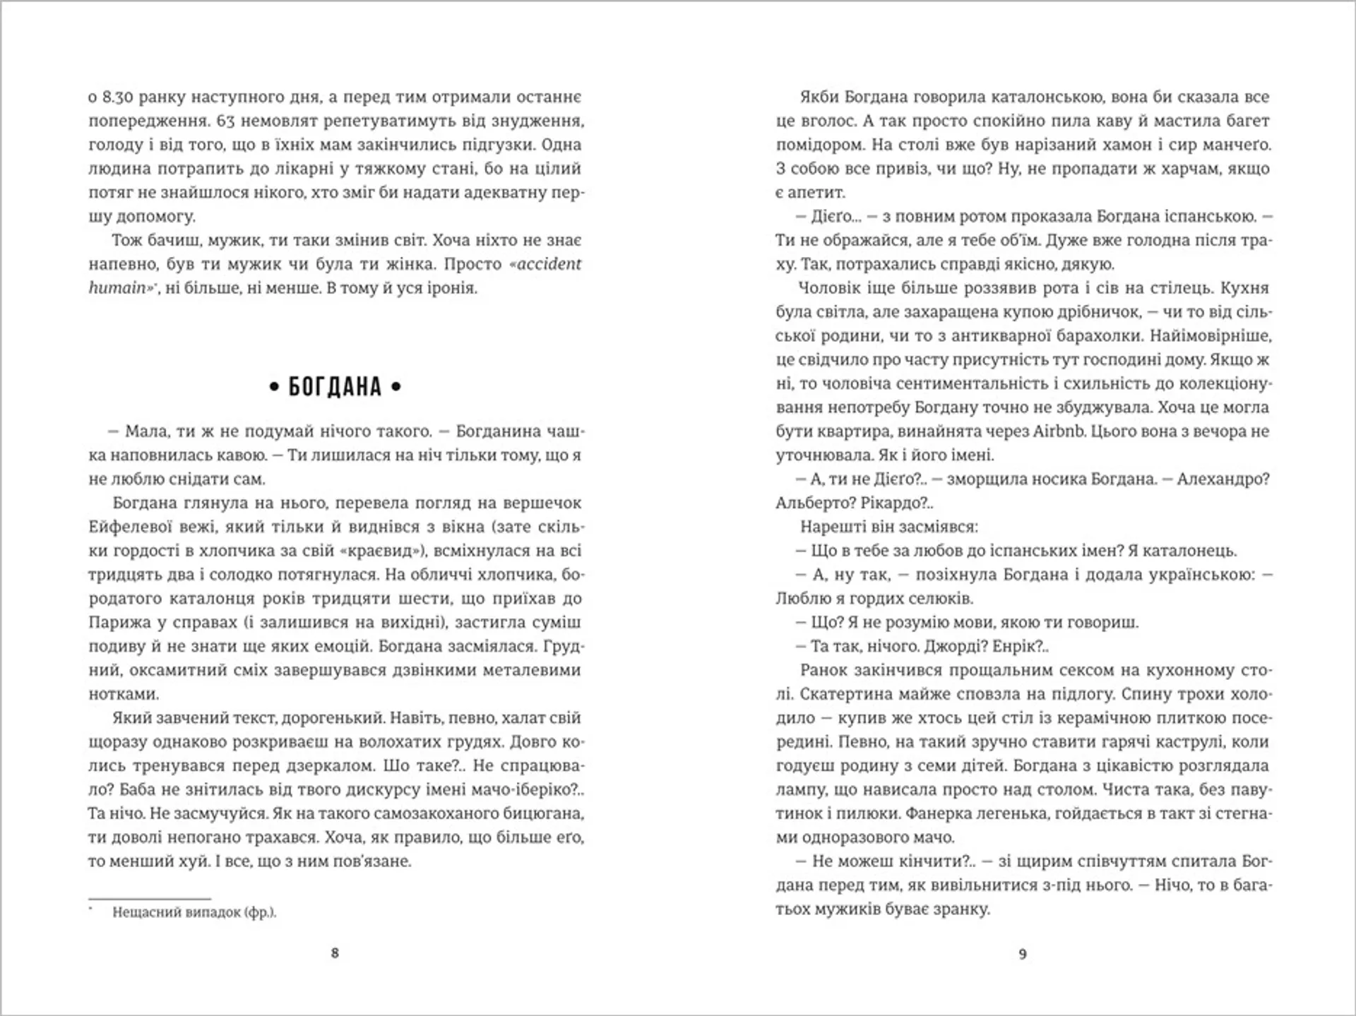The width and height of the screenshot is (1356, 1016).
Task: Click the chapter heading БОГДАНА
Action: tap(335, 387)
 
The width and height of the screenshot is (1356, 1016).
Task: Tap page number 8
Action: tap(335, 953)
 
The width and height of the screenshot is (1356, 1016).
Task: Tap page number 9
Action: tap(1023, 955)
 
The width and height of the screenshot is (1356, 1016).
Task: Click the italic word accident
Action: tap(546, 264)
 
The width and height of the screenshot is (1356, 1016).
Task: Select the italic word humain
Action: tap(117, 288)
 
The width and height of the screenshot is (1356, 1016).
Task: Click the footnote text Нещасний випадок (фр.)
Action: tap(194, 912)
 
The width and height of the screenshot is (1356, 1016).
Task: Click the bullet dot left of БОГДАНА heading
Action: tap(274, 387)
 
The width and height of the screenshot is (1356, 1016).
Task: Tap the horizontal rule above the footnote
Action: tap(150, 899)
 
